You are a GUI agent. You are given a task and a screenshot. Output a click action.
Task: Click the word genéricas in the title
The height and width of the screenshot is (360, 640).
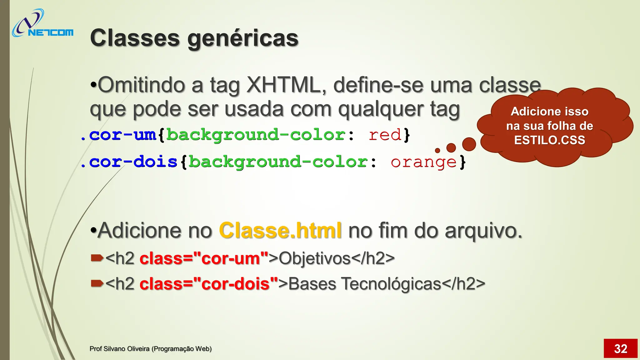click(243, 38)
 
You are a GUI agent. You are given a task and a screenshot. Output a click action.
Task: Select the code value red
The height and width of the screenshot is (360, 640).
click(385, 135)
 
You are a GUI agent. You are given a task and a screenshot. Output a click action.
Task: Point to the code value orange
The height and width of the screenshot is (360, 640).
click(423, 162)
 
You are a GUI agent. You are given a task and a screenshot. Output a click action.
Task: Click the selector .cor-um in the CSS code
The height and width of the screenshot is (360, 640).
click(118, 135)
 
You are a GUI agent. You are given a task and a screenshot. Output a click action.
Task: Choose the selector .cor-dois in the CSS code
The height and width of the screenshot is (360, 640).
click(129, 162)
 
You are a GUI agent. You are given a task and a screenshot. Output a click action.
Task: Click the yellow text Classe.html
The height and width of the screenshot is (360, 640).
click(280, 231)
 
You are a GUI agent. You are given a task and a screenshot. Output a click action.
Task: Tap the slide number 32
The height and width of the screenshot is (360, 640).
click(620, 349)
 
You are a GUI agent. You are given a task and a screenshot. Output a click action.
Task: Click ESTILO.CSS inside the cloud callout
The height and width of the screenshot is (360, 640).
click(549, 140)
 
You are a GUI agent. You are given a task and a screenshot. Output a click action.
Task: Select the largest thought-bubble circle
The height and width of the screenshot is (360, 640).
click(469, 144)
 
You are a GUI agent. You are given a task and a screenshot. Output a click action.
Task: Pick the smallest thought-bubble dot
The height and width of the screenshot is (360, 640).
click(437, 151)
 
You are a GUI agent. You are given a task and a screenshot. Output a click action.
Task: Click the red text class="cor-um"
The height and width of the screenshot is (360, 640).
click(204, 258)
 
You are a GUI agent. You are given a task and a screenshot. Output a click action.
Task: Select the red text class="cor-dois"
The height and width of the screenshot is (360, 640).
click(209, 284)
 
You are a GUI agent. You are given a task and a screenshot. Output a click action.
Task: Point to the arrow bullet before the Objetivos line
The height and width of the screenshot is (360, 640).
click(97, 258)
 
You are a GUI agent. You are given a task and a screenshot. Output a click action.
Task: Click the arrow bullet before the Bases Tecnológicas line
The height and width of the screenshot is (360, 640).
click(97, 283)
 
